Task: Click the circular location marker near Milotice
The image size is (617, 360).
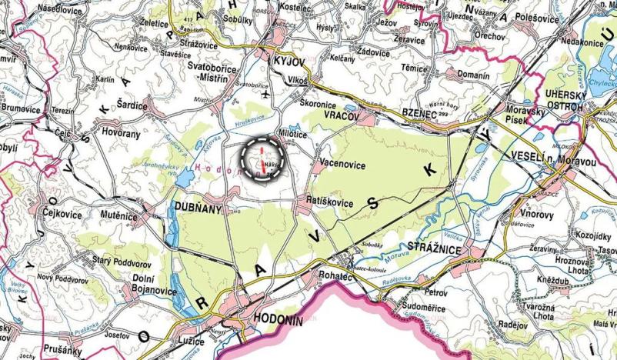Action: (x=262, y=159)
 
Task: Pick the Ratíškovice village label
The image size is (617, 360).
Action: (x=326, y=202)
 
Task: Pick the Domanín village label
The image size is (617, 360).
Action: (x=471, y=75)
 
